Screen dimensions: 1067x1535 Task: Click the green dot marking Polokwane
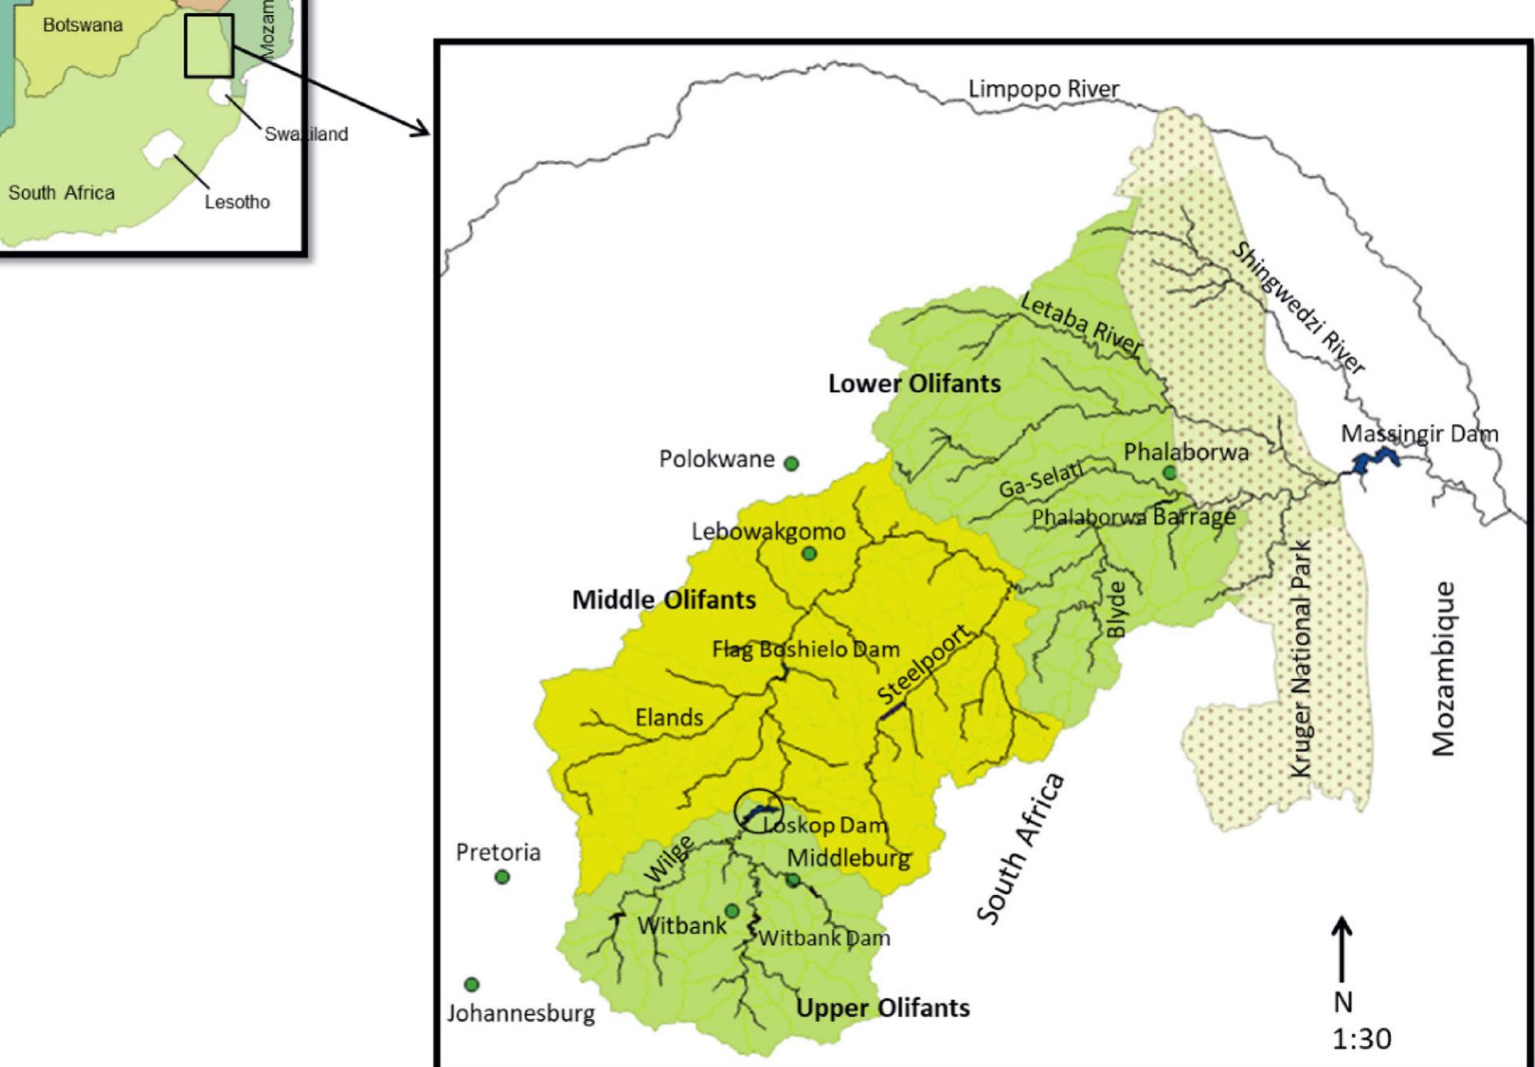pos(791,463)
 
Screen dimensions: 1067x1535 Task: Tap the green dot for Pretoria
pos(502,877)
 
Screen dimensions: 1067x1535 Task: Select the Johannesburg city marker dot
pos(472,984)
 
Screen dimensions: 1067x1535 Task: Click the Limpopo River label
pos(1043,89)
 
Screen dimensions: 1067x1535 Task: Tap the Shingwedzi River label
pos(1297,308)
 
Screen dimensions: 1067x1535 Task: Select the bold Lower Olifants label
pos(914,383)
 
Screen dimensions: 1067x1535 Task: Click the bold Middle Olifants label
pos(663,599)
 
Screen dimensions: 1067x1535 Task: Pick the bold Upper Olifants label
pos(882,1007)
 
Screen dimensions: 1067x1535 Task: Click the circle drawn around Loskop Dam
pos(758,810)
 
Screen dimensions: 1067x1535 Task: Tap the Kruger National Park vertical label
pos(1301,658)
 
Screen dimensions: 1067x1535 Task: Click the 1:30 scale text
pos(1361,1038)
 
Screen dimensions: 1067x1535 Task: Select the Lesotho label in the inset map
pos(237,202)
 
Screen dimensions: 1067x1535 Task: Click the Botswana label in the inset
pos(82,25)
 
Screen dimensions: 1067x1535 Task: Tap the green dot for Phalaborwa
pos(1169,473)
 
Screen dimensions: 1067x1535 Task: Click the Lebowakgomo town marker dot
pos(809,553)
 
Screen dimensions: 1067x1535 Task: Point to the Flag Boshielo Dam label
pos(805,649)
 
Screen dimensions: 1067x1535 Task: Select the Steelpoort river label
pos(925,665)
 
